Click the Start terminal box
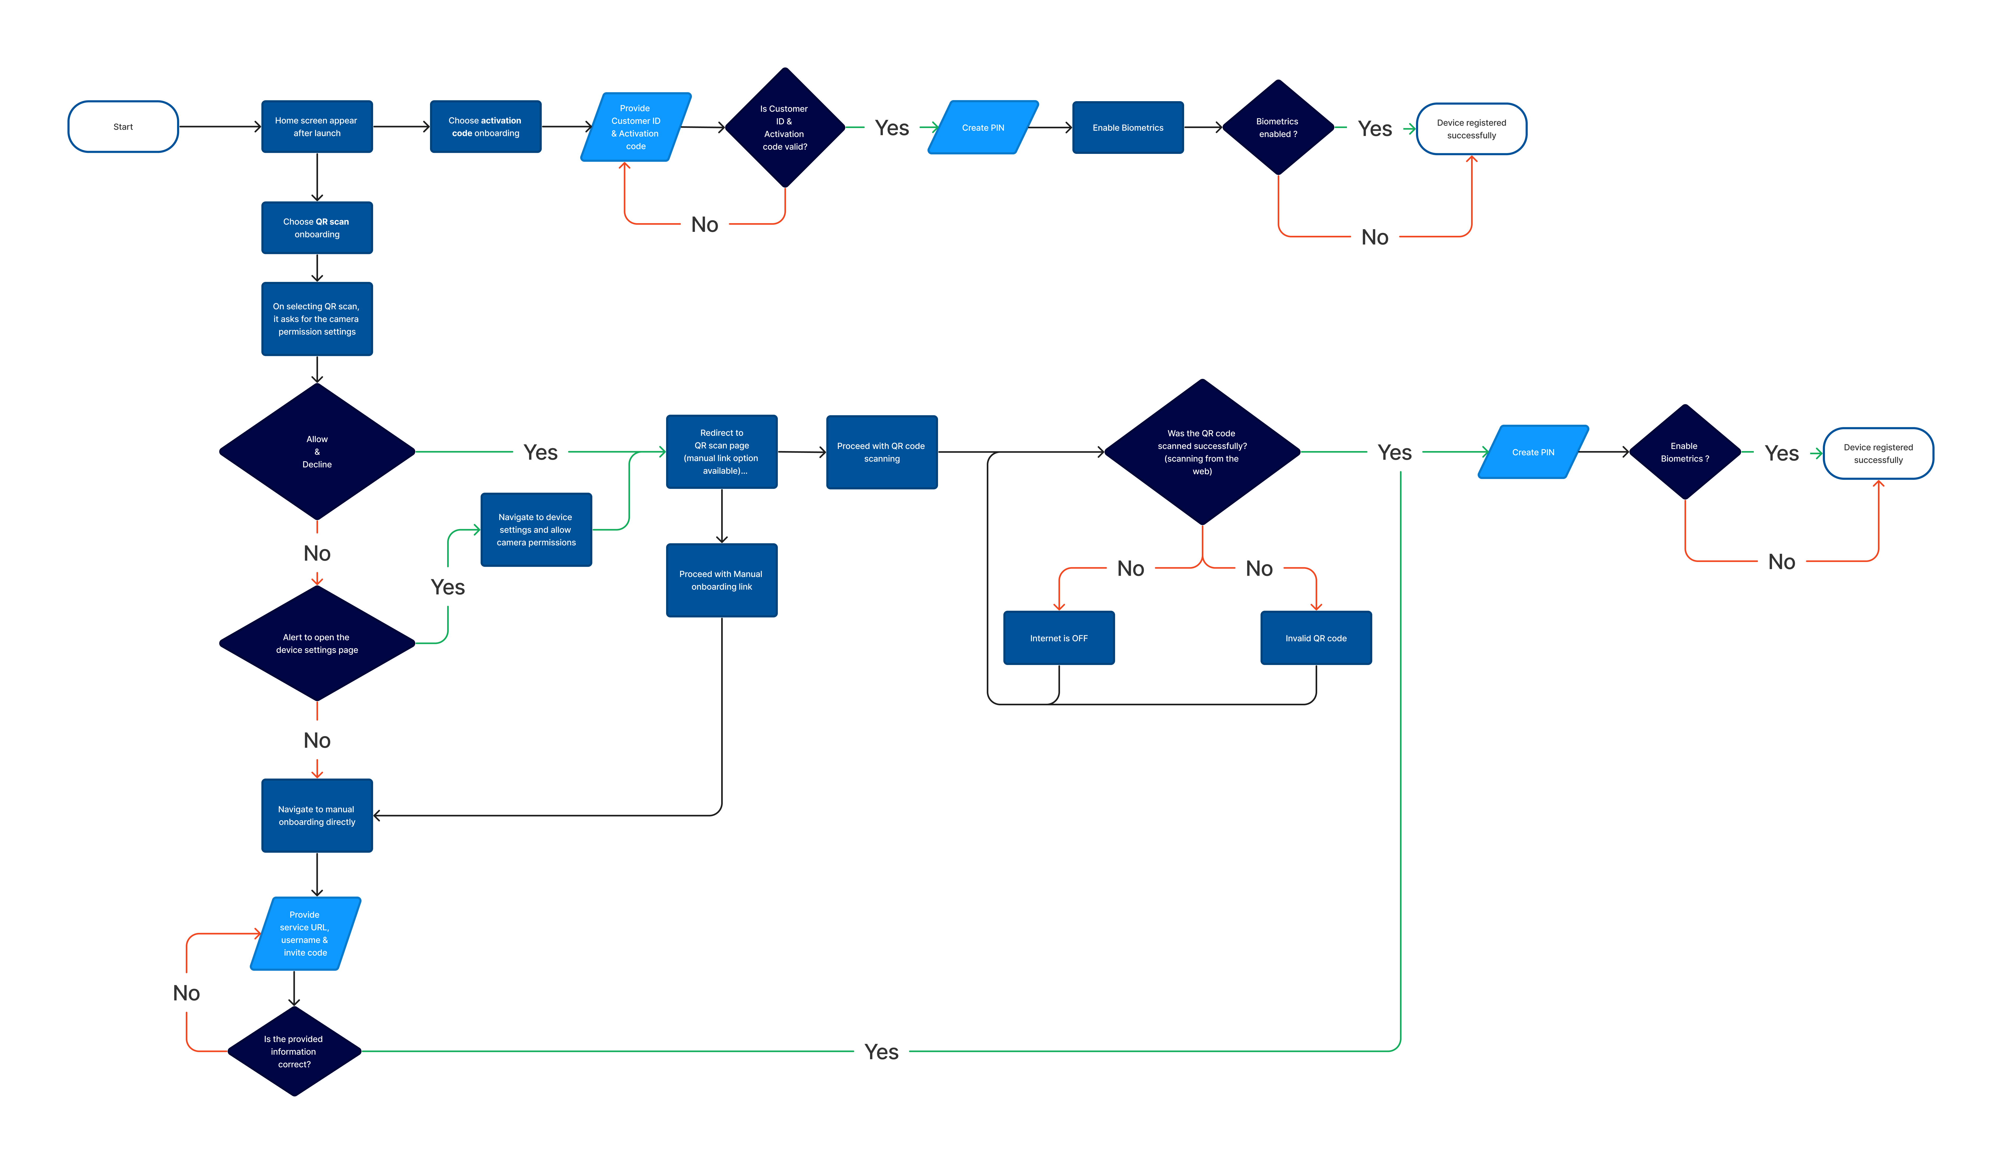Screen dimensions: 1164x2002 [123, 126]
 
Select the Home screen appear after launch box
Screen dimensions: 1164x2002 [317, 126]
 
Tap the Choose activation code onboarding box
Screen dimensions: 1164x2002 [485, 126]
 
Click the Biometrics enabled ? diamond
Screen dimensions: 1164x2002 [1277, 127]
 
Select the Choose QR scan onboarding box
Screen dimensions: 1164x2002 [317, 228]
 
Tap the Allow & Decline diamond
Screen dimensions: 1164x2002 [317, 451]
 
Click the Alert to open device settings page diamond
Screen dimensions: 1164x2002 [317, 644]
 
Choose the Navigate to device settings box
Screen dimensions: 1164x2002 [536, 530]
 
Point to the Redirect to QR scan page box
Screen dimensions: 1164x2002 [721, 451]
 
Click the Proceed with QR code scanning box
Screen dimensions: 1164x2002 [882, 452]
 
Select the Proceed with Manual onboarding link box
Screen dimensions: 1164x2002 [721, 580]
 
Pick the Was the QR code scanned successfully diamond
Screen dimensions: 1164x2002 [1202, 452]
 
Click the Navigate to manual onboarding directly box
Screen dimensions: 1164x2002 [317, 815]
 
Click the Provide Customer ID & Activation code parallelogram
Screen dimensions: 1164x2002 [636, 127]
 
